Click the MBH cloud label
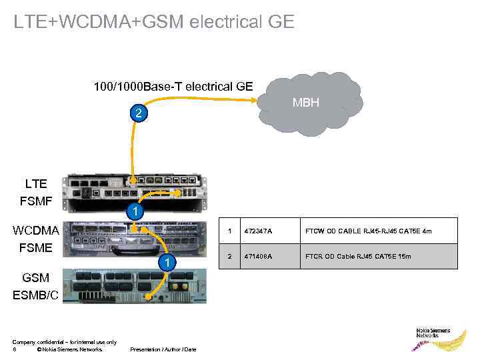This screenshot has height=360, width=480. [306, 103]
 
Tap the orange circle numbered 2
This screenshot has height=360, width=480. [138, 114]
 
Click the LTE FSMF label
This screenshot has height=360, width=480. [36, 191]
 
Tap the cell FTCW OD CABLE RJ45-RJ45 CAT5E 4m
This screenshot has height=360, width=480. [368, 231]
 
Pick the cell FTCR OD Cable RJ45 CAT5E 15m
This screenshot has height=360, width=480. [358, 256]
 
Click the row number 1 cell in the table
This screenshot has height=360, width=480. [230, 231]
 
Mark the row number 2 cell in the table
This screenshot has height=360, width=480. [230, 256]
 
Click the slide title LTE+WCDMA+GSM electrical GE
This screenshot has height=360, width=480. [153, 22]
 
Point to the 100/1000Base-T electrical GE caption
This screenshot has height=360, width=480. [173, 86]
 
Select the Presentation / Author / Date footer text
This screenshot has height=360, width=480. [163, 349]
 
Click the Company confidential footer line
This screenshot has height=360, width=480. [64, 342]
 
